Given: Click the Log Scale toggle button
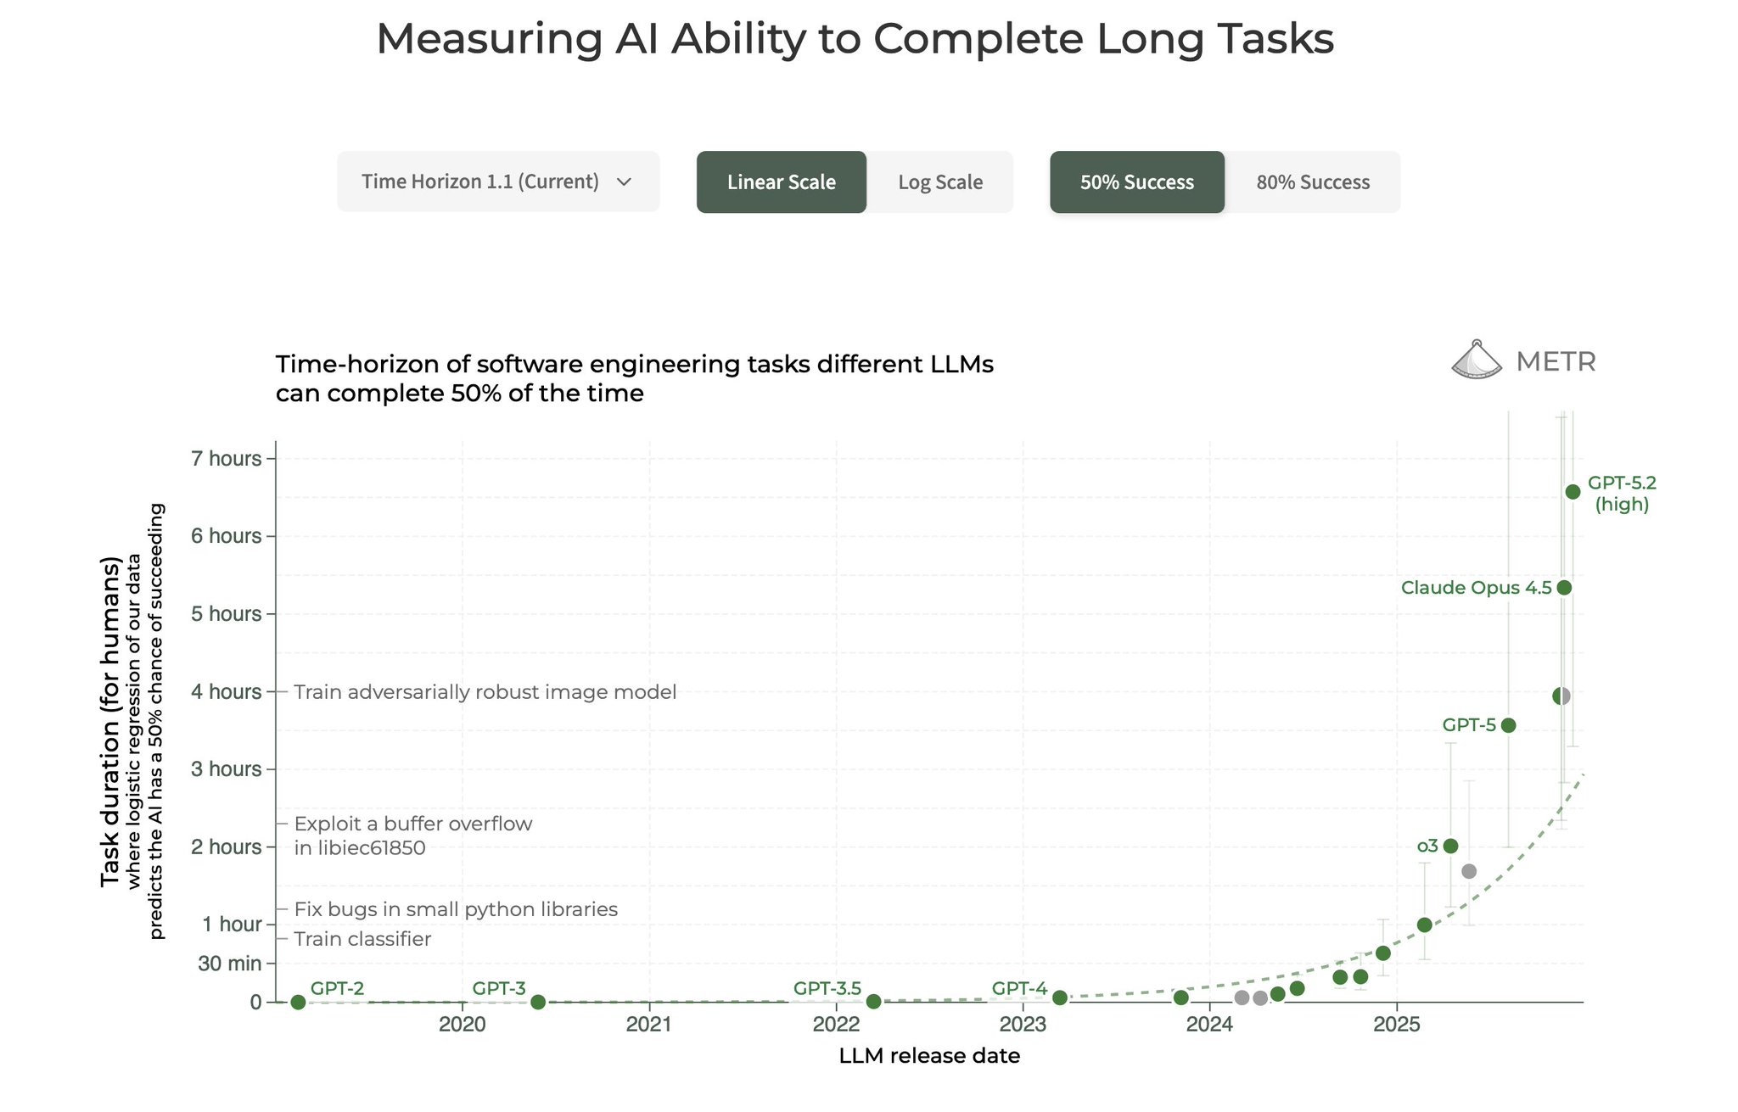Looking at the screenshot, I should pos(939,182).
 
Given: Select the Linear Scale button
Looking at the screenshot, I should pos(781,182).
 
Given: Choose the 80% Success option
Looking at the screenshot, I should pos(1312,182).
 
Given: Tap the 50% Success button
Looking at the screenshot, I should pos(1136,182).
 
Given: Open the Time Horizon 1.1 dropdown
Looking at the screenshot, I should pos(498,182).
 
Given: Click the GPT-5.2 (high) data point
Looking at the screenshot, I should pos(1573,492).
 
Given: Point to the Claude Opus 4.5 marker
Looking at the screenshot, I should pos(1564,588).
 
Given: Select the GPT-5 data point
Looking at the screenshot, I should pos(1508,725).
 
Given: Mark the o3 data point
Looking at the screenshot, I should pos(1450,846).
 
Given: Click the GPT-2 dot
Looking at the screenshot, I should pos(298,1003).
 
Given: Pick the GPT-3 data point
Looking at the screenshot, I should pos(537,1003).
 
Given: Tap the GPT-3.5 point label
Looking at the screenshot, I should pos(827,988).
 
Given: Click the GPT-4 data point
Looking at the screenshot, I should pos(1059,998).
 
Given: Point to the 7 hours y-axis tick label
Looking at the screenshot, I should pos(226,459).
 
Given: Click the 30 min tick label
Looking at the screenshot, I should pos(229,964).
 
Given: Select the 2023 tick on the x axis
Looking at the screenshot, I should pos(1023,1025).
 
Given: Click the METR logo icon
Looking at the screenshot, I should pos(1477,360).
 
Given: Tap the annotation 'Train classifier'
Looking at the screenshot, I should pos(362,939).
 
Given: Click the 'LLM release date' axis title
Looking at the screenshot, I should pos(929,1056).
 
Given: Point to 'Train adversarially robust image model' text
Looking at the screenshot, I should pos(485,692).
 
